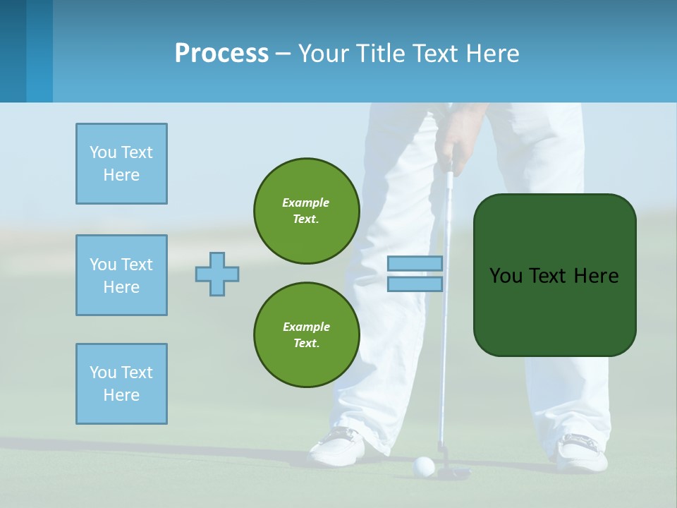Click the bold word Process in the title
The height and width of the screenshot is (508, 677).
(221, 54)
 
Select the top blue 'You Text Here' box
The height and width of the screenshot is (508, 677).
(121, 164)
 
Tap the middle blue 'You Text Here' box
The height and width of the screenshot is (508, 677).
(121, 275)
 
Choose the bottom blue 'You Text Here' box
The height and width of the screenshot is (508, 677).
(121, 384)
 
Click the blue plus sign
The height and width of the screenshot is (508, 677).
(217, 274)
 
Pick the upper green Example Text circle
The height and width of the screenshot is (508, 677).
(307, 211)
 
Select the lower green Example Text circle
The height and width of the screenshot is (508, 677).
(307, 335)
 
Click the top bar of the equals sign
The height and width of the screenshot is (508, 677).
(415, 264)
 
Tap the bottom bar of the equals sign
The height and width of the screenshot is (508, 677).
(415, 284)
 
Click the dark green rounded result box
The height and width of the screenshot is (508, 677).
(554, 275)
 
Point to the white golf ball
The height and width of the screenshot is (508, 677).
(424, 465)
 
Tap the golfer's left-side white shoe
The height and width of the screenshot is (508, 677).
(339, 446)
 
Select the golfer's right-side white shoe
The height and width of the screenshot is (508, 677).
(583, 452)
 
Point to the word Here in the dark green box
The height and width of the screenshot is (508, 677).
(596, 276)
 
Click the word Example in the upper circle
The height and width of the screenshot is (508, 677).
(306, 202)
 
